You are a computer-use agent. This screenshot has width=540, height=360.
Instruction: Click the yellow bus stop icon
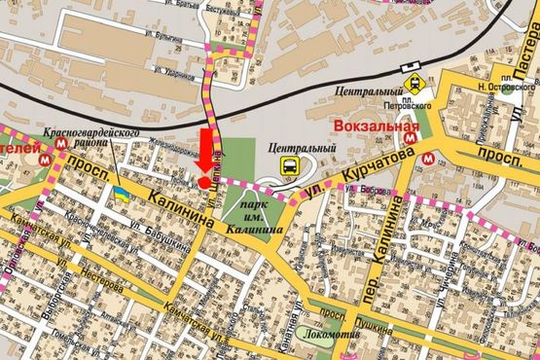point(290,165)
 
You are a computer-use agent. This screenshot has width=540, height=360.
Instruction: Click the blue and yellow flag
point(122,193)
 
